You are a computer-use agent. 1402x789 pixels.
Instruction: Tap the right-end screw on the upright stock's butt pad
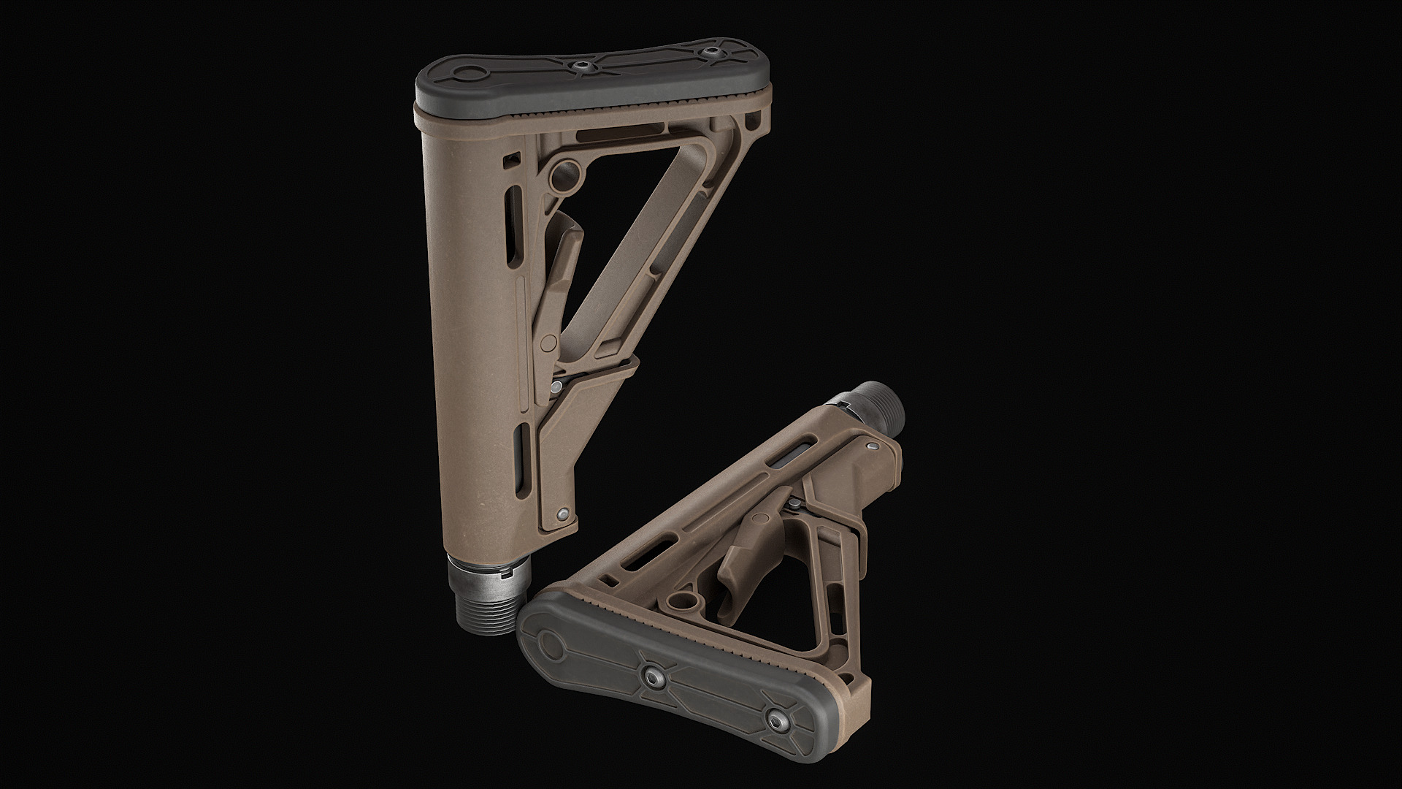pyautogui.click(x=710, y=52)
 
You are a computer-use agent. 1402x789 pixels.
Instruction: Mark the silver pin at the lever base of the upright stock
pyautogui.click(x=558, y=385)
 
